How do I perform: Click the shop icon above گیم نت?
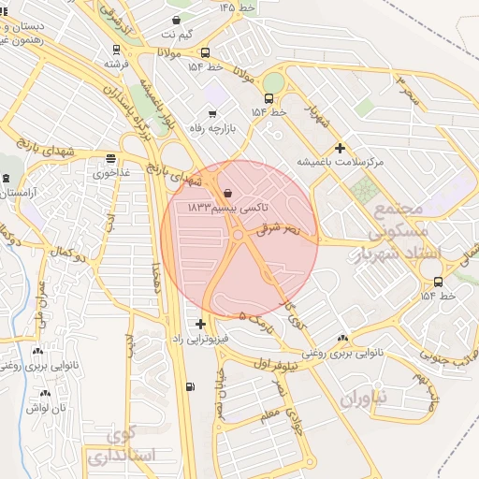click(x=178, y=20)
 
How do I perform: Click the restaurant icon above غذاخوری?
click(x=111, y=158)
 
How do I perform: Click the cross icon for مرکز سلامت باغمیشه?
click(x=340, y=148)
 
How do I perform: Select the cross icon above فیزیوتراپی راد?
click(x=200, y=324)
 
